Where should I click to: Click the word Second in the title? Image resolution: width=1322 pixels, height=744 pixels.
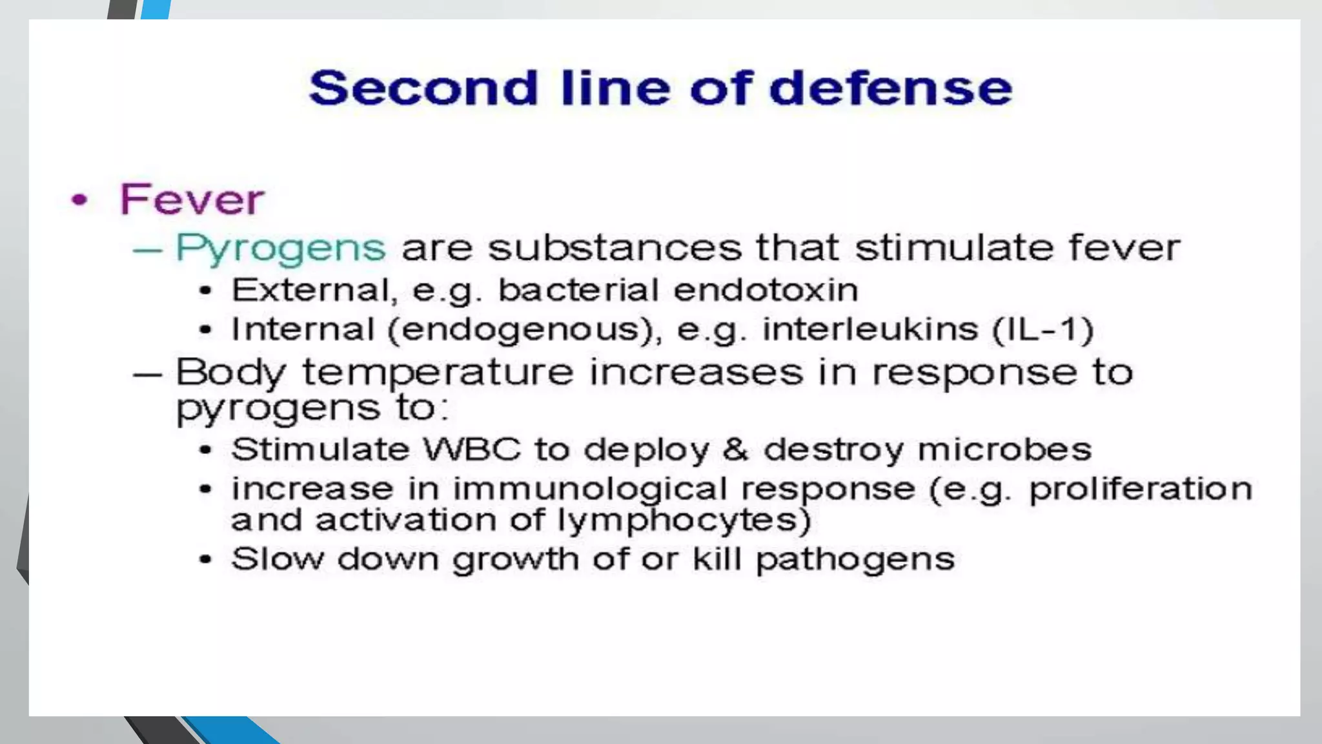click(423, 88)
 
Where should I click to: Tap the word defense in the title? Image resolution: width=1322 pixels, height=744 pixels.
click(890, 88)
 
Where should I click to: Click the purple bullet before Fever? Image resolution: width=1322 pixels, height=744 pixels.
click(79, 200)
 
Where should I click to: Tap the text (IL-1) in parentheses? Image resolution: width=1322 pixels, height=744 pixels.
click(1042, 329)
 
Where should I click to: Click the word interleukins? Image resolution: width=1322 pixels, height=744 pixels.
click(870, 329)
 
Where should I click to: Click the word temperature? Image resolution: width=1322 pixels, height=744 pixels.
click(438, 373)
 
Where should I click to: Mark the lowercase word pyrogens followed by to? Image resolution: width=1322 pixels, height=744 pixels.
click(278, 409)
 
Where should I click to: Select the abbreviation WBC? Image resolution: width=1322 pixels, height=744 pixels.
click(471, 449)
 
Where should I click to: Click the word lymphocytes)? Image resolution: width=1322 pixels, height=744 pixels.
click(684, 521)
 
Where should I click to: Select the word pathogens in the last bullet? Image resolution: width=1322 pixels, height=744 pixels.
click(855, 560)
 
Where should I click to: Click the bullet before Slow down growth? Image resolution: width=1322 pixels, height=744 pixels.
click(205, 559)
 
